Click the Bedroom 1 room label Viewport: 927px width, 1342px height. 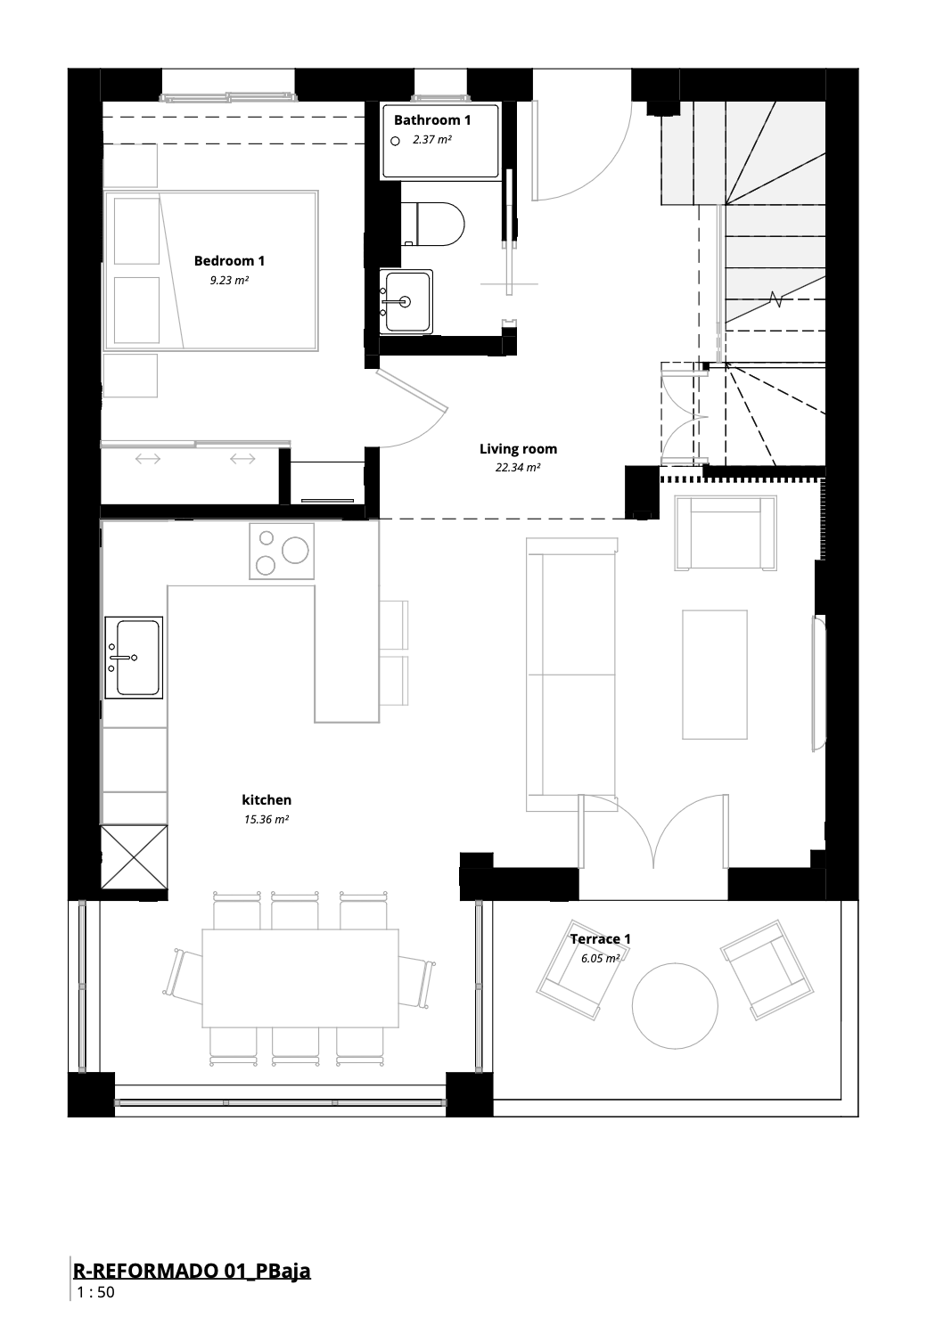(229, 260)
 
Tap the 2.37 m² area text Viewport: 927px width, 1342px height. (431, 140)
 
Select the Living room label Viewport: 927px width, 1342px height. (518, 449)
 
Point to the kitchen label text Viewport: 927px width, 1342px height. (267, 800)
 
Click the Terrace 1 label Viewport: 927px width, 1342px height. (600, 939)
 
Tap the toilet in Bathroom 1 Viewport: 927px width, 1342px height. (432, 224)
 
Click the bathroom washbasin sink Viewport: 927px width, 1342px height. (406, 301)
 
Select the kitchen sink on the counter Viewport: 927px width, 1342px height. (134, 658)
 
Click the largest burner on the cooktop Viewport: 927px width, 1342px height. (295, 551)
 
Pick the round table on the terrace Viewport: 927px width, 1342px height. (675, 1006)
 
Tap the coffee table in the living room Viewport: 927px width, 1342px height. (714, 675)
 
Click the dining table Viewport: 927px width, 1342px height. (300, 978)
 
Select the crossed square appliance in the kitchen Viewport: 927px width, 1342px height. (135, 857)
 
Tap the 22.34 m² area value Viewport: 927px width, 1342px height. (518, 467)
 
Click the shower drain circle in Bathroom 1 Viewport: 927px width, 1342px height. (395, 141)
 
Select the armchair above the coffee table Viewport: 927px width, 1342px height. (726, 533)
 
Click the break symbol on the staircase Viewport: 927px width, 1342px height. (777, 299)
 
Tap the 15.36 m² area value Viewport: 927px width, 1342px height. (266, 819)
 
